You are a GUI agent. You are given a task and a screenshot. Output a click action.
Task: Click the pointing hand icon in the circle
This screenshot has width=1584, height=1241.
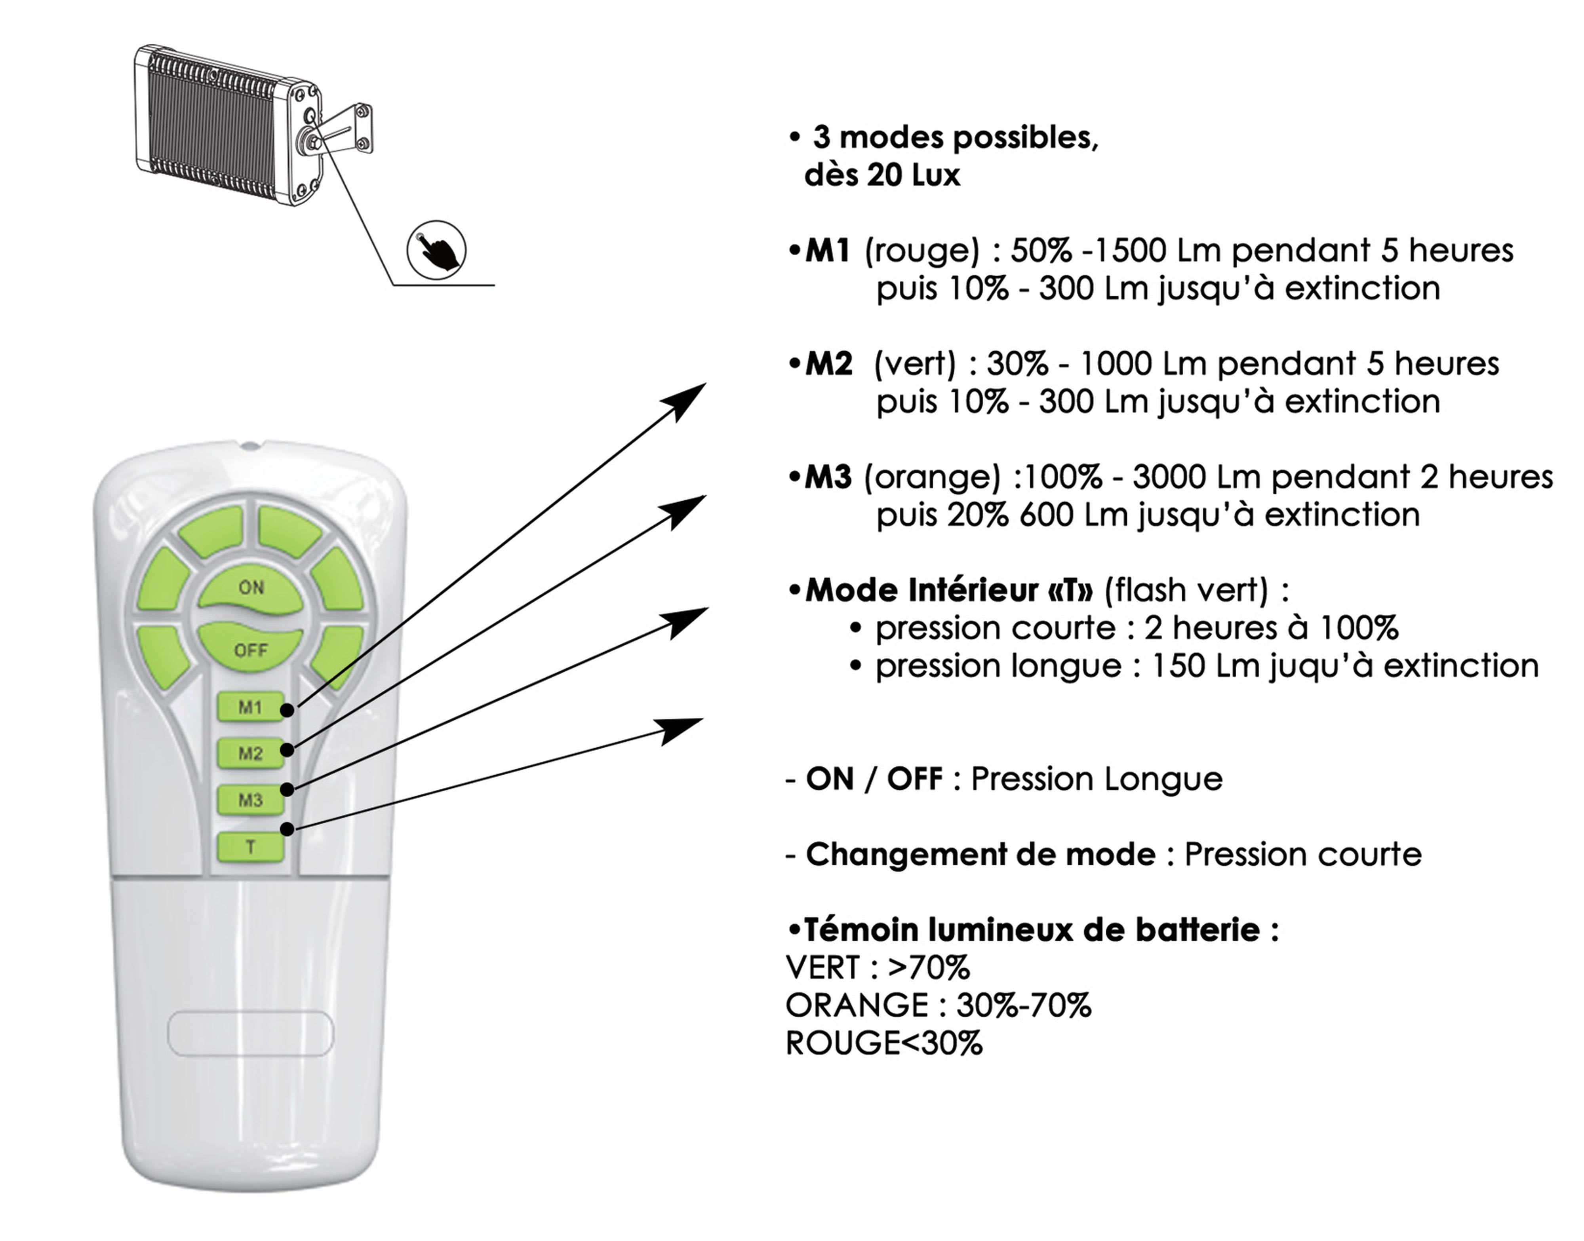click(436, 249)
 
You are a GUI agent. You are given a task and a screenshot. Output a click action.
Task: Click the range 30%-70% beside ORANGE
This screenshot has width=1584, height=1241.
click(1024, 1005)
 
